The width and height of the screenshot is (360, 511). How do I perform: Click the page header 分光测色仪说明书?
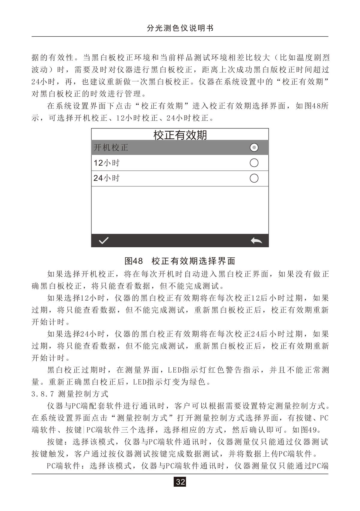pos(180,28)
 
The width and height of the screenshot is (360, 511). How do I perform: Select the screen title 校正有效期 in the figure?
pos(180,135)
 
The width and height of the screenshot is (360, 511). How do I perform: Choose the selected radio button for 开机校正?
pos(254,147)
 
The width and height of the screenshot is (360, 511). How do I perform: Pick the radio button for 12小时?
pos(254,163)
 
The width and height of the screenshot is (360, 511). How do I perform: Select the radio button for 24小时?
pos(254,178)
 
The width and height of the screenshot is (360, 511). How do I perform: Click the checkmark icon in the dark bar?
pos(104,240)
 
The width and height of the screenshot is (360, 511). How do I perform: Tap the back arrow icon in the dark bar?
pos(256,240)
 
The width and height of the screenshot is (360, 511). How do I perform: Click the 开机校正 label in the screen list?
pos(111,147)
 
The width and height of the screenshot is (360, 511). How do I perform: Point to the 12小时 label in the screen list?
pos(106,163)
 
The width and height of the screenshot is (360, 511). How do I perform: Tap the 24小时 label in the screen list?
pos(106,178)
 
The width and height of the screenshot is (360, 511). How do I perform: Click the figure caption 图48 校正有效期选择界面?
pos(180,261)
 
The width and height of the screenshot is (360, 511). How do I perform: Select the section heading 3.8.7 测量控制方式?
pos(70,394)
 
